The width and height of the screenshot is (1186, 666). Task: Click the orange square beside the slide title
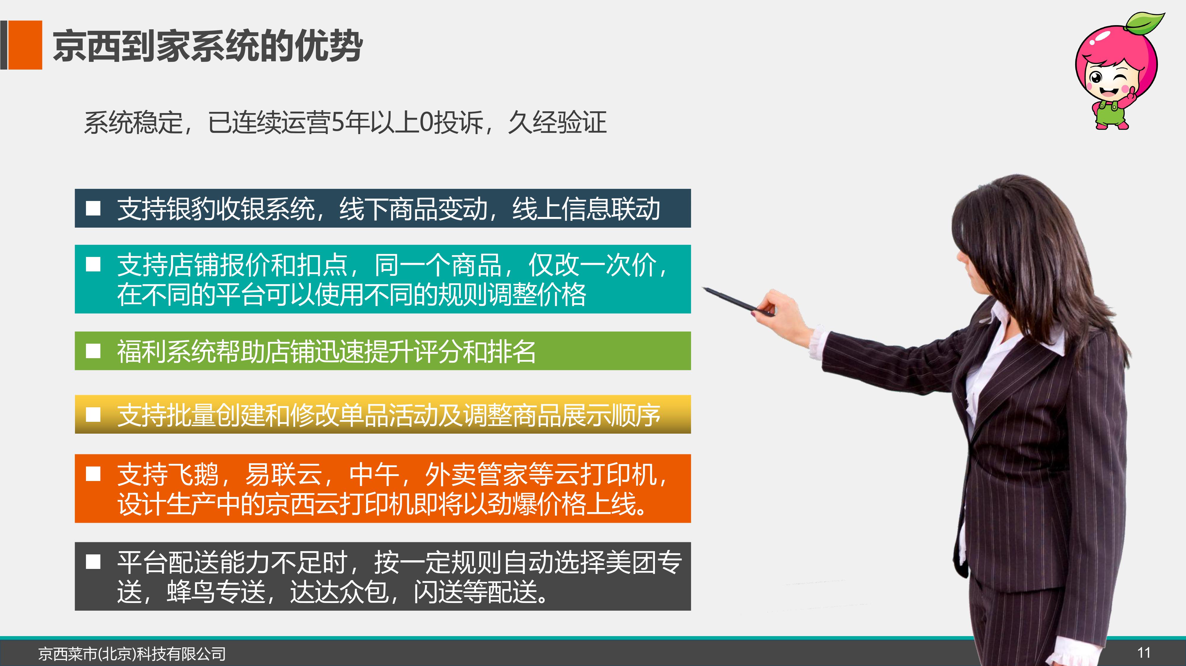coord(25,45)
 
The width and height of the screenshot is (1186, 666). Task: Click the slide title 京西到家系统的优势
coord(208,46)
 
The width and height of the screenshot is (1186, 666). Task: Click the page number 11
coord(1144,653)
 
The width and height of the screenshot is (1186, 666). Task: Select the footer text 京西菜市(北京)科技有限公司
coord(132,654)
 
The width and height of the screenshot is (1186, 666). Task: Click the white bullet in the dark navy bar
coord(93,208)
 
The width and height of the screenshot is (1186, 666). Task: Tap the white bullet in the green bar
coord(93,351)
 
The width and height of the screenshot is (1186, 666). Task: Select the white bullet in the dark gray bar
coord(93,562)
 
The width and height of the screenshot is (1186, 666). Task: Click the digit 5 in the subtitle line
coord(338,123)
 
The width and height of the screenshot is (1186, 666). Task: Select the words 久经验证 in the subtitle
coord(557,123)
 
